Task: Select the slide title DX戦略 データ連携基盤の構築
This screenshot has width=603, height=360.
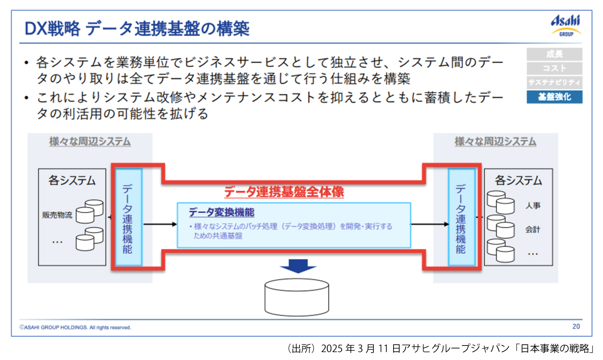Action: click(x=137, y=29)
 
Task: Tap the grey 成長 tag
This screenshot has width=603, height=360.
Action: click(x=554, y=54)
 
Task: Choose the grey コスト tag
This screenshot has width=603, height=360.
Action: click(x=554, y=68)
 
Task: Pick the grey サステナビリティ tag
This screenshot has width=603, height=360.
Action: click(x=554, y=82)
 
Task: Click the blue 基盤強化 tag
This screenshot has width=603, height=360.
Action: click(x=554, y=97)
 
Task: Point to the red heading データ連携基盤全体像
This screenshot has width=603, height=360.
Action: click(x=284, y=192)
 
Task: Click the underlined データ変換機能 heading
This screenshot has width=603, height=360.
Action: click(x=222, y=212)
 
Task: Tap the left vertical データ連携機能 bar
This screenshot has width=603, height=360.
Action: click(x=128, y=217)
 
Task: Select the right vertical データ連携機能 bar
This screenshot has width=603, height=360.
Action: click(x=461, y=217)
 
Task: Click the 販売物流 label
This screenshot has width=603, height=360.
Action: click(x=57, y=215)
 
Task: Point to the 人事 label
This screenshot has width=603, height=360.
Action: click(x=533, y=205)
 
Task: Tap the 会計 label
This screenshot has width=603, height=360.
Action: click(x=533, y=229)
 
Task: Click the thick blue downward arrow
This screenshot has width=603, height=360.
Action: click(x=298, y=266)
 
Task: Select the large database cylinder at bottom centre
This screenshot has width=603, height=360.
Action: click(x=297, y=297)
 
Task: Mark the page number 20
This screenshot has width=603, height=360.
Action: click(x=576, y=327)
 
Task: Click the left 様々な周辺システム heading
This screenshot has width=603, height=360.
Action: click(x=90, y=141)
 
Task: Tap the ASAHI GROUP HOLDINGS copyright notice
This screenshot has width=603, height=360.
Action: click(x=75, y=327)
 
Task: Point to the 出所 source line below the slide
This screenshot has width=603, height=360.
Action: click(x=441, y=348)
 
